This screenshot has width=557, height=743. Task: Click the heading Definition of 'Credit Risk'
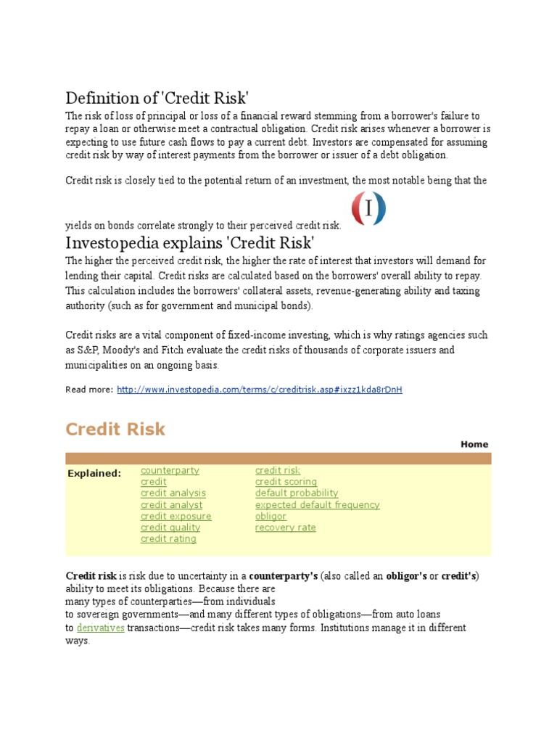(157, 98)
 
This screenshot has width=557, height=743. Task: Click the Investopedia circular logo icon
(368, 209)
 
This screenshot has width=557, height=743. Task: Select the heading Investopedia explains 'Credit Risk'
(190, 242)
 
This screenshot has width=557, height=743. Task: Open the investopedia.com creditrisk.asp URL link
(259, 390)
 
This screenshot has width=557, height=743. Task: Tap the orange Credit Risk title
(115, 429)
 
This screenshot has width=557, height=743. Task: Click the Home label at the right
(474, 444)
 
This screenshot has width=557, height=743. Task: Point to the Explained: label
(94, 474)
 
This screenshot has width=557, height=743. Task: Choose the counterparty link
(170, 470)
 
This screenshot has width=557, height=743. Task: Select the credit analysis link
(173, 493)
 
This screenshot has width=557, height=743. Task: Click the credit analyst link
(172, 505)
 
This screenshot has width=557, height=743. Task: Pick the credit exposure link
(176, 516)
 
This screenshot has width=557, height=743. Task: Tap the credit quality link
(170, 528)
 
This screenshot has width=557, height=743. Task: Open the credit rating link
(168, 539)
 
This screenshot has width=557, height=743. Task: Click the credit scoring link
(286, 482)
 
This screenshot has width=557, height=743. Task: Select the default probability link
(297, 493)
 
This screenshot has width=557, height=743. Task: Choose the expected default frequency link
(317, 505)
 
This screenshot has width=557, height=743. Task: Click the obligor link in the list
(271, 516)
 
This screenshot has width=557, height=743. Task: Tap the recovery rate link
(285, 528)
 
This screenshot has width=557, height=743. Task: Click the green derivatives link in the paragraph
(101, 628)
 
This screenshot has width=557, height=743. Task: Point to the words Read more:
(89, 390)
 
